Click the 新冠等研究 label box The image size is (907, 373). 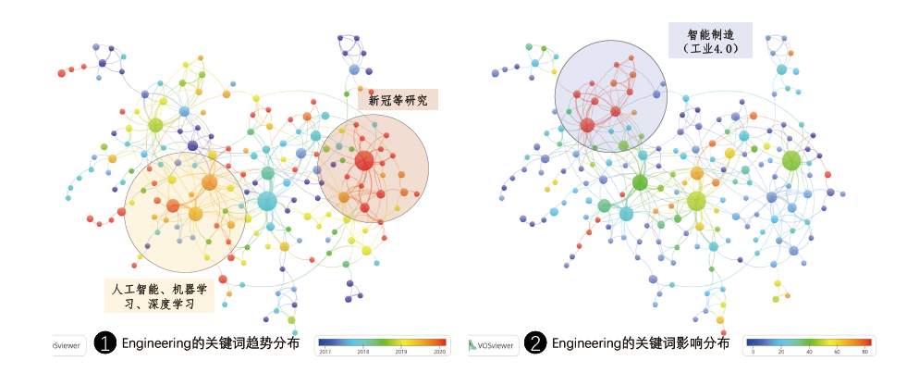pos(398,100)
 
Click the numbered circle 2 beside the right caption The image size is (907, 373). pos(534,343)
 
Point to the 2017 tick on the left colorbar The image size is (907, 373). pos(325,352)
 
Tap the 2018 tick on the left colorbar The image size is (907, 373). pos(362,352)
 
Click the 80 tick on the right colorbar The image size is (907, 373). pos(864,352)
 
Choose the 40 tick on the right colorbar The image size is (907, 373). pos(809,352)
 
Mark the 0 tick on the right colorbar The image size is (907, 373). pos(753,352)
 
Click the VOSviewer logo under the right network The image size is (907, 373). pos(493,344)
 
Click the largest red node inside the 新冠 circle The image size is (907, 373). pos(364,160)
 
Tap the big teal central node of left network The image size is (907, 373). pos(267,201)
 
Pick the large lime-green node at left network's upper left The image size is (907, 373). pos(155,125)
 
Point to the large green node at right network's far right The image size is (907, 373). pos(791,160)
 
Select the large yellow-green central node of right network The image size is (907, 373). pos(696,200)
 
